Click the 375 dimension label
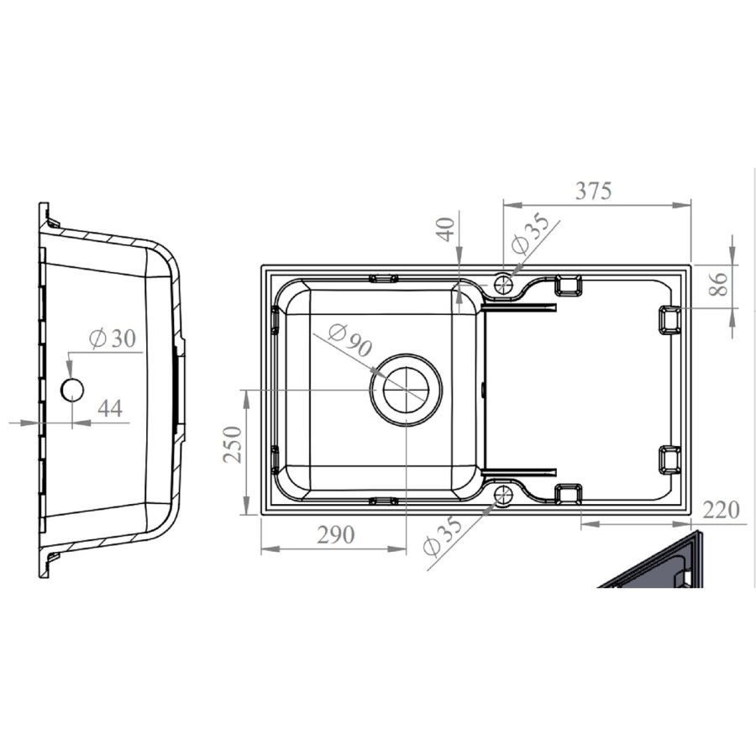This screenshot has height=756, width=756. pos(594,191)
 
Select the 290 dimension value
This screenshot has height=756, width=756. pos(336,535)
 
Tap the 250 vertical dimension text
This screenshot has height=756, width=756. pos(233,444)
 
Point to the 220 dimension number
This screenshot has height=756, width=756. pos(721,510)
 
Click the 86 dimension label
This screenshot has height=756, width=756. pos(719,284)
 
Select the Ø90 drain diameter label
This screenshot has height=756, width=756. pos(350,340)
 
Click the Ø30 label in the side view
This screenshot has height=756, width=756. pos(113,339)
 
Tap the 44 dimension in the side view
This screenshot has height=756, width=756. pos(110,409)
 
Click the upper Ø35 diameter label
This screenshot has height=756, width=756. pos(529,234)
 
